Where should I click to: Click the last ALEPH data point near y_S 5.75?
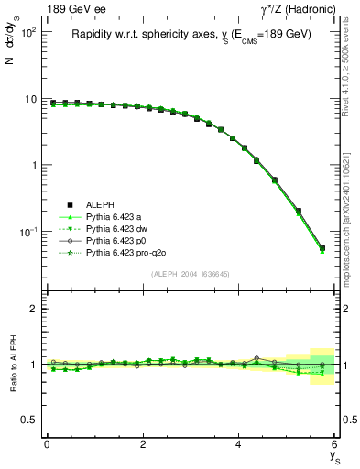pyautogui.click(x=322, y=248)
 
